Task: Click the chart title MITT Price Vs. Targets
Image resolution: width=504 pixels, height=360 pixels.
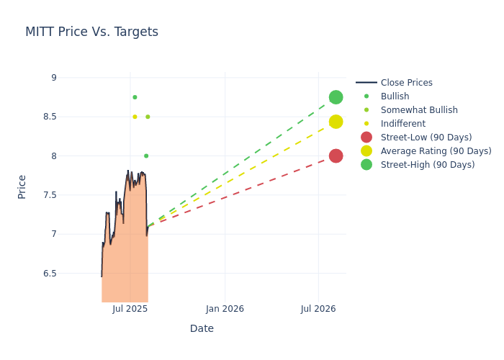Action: click(91, 32)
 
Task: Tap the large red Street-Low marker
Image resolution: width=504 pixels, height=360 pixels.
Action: click(336, 156)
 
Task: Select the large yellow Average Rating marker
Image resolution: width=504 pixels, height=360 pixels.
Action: click(336, 122)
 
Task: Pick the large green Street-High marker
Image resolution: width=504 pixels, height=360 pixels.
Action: click(336, 97)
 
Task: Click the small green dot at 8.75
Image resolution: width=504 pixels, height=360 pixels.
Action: click(135, 97)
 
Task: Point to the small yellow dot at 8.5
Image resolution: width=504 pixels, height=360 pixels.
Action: click(135, 117)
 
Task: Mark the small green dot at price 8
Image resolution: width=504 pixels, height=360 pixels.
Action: click(146, 156)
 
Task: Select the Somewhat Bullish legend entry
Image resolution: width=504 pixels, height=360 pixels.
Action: click(419, 110)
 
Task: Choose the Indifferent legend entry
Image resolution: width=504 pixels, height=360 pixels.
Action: click(402, 124)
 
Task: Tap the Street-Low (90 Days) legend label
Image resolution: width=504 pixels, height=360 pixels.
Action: click(426, 138)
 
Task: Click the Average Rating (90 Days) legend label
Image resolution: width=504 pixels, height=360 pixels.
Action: click(436, 151)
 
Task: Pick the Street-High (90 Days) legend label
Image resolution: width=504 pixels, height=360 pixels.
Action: click(428, 165)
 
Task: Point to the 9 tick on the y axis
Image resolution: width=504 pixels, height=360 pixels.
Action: click(53, 78)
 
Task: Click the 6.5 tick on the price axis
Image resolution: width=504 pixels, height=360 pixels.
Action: click(50, 273)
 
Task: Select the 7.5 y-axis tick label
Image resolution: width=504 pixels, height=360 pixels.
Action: click(50, 195)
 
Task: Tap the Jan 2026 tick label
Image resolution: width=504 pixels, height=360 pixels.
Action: click(225, 309)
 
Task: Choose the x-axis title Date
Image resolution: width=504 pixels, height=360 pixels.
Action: click(202, 328)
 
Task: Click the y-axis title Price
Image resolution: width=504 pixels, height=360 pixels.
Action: click(22, 186)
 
